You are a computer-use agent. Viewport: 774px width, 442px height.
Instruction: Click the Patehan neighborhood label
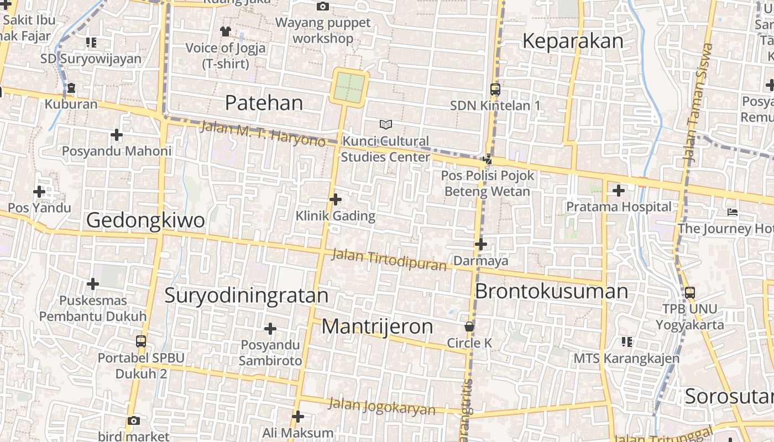coord(264,103)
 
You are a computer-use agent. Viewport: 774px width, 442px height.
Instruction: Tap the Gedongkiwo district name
coord(145,220)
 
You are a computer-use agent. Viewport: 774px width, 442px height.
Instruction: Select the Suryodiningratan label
coord(247,296)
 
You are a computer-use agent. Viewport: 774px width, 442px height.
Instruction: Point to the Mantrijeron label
coord(378,327)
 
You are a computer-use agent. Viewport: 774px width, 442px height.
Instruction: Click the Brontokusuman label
coord(551,291)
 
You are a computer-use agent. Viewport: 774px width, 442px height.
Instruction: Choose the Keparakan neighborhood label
coord(572,41)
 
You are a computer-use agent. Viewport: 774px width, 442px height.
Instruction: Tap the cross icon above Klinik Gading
coord(335,199)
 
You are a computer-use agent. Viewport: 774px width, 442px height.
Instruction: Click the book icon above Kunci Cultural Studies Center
coord(386,125)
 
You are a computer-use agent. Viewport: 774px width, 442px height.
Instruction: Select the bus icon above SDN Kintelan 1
coord(495,89)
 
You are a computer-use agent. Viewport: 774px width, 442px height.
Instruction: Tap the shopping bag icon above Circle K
coord(469,327)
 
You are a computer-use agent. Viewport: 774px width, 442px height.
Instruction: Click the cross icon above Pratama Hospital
coord(618,191)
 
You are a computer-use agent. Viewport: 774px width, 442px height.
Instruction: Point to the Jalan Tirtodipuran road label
coord(389,260)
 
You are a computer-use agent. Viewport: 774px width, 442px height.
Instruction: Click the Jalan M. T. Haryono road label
coord(263,134)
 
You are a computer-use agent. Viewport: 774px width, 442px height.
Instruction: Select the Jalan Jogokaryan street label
coord(382,406)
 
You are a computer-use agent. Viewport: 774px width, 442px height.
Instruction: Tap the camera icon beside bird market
coord(134,420)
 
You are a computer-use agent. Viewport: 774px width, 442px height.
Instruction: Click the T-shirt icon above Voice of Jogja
coord(225,31)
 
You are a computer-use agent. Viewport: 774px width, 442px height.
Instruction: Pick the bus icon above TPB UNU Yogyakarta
coord(689,292)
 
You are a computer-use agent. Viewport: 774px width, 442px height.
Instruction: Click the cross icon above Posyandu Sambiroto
coord(270,329)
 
